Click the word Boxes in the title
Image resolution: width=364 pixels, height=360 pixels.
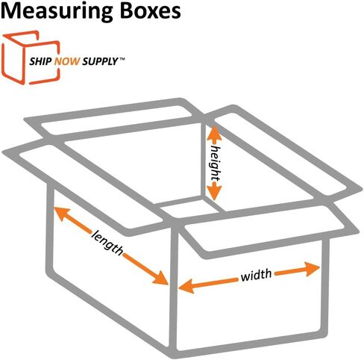point(151,10)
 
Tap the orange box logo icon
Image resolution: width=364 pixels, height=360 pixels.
point(31,58)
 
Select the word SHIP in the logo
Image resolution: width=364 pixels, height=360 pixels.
point(40,61)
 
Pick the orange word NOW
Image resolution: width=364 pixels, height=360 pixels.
point(67,61)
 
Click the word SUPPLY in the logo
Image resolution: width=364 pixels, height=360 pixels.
point(100,61)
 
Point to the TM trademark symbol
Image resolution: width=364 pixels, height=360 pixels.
point(122,59)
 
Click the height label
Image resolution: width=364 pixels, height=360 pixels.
point(216,163)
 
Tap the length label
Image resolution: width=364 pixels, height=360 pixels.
point(107,243)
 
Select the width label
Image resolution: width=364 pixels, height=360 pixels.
point(256,275)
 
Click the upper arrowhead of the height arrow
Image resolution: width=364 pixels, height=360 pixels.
point(214,134)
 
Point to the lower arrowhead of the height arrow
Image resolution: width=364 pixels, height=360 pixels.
point(214,191)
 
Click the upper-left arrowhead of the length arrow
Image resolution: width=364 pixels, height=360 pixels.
point(62,214)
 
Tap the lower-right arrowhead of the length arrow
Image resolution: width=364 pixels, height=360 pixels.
point(160,278)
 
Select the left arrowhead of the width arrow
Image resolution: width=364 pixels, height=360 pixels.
point(186,286)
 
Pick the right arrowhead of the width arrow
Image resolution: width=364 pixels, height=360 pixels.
point(312,269)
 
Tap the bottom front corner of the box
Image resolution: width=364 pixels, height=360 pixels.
point(173,350)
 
